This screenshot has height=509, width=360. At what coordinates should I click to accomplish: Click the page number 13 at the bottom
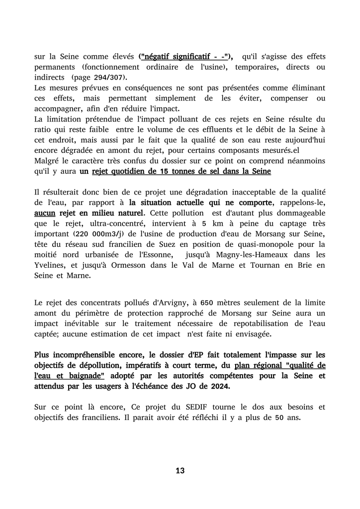click(180, 470)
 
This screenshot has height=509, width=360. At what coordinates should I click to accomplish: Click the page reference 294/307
click(112, 78)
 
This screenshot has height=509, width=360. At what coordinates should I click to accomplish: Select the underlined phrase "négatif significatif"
click(174, 56)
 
